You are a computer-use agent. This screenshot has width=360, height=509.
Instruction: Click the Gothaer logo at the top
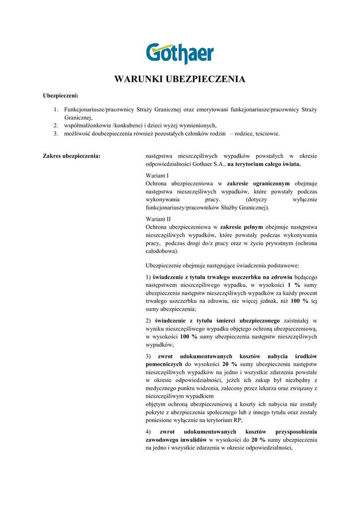[180, 54]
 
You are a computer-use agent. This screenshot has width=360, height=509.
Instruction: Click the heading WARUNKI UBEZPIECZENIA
[180, 79]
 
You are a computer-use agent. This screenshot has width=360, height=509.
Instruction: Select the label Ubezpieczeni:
[61, 95]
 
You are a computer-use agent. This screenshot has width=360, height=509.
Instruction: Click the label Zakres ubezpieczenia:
[72, 156]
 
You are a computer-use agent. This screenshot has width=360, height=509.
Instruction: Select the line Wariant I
[157, 175]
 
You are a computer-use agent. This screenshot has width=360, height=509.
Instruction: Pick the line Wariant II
[158, 219]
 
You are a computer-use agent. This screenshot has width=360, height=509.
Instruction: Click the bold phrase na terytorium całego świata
[264, 164]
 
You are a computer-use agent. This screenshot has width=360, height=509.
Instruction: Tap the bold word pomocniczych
[164, 364]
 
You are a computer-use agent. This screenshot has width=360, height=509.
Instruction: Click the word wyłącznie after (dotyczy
[303, 199]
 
